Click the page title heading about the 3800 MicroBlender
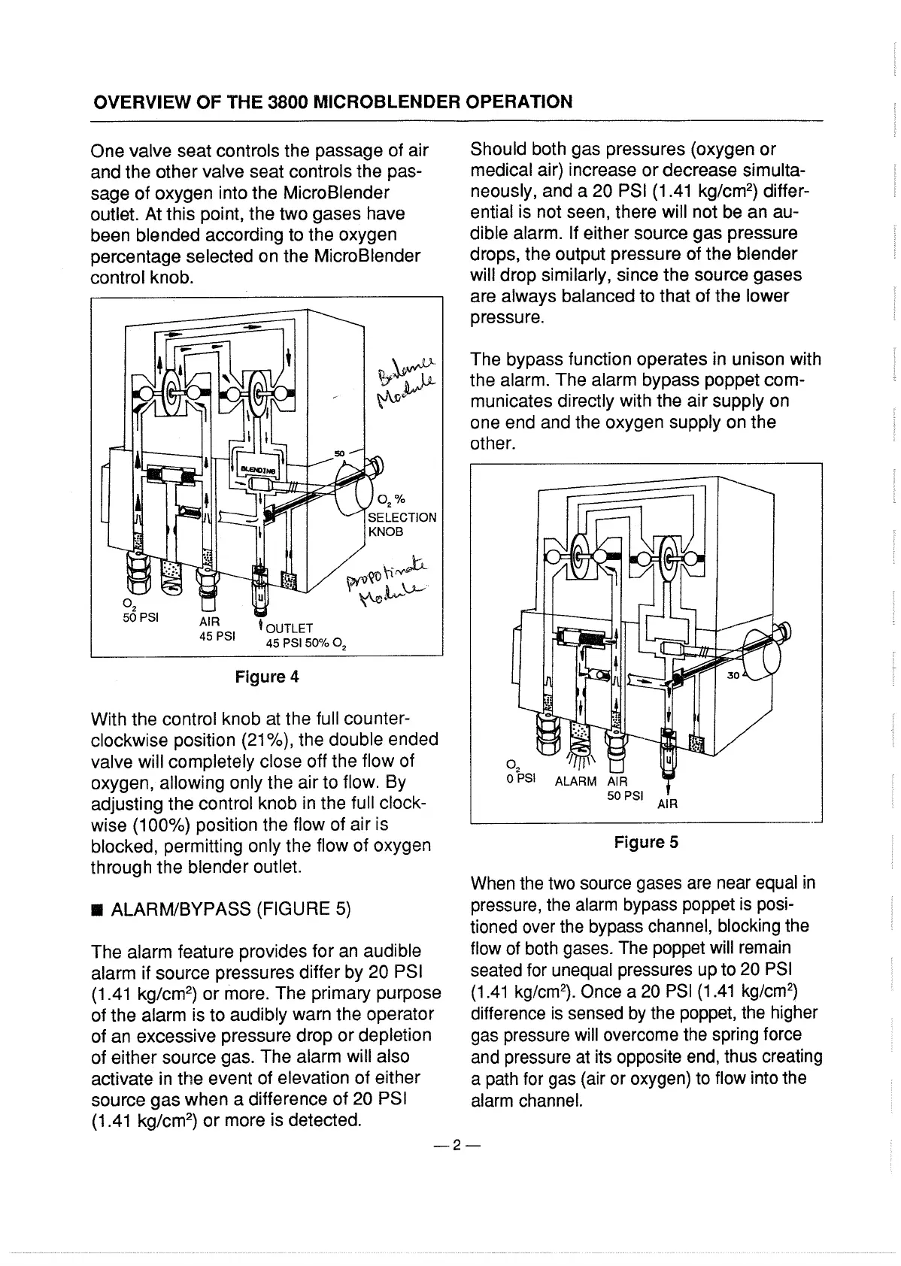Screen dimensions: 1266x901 coord(332,101)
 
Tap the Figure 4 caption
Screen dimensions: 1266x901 coord(267,677)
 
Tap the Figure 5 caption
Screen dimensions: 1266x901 coord(646,843)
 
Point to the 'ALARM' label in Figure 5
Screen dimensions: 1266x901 coord(575,781)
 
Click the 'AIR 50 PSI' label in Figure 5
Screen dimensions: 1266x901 coord(623,788)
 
